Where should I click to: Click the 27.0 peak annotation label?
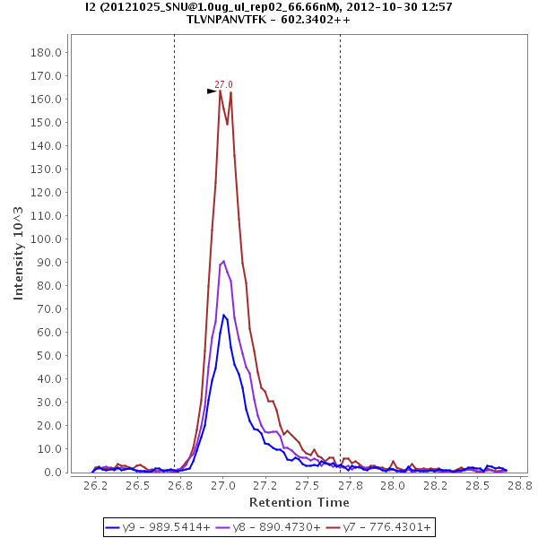pos(223,84)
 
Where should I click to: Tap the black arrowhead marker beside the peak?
pos(213,91)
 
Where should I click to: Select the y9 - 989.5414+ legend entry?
pos(158,527)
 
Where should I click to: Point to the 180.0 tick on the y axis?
pos(45,52)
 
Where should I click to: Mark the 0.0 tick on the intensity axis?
pos(51,473)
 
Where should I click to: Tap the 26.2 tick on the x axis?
pos(95,485)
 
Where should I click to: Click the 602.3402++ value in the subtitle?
pos(315,19)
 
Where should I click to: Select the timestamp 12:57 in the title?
pos(436,6)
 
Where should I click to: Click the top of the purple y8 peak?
pos(223,261)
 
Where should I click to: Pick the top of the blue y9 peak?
pos(224,315)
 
